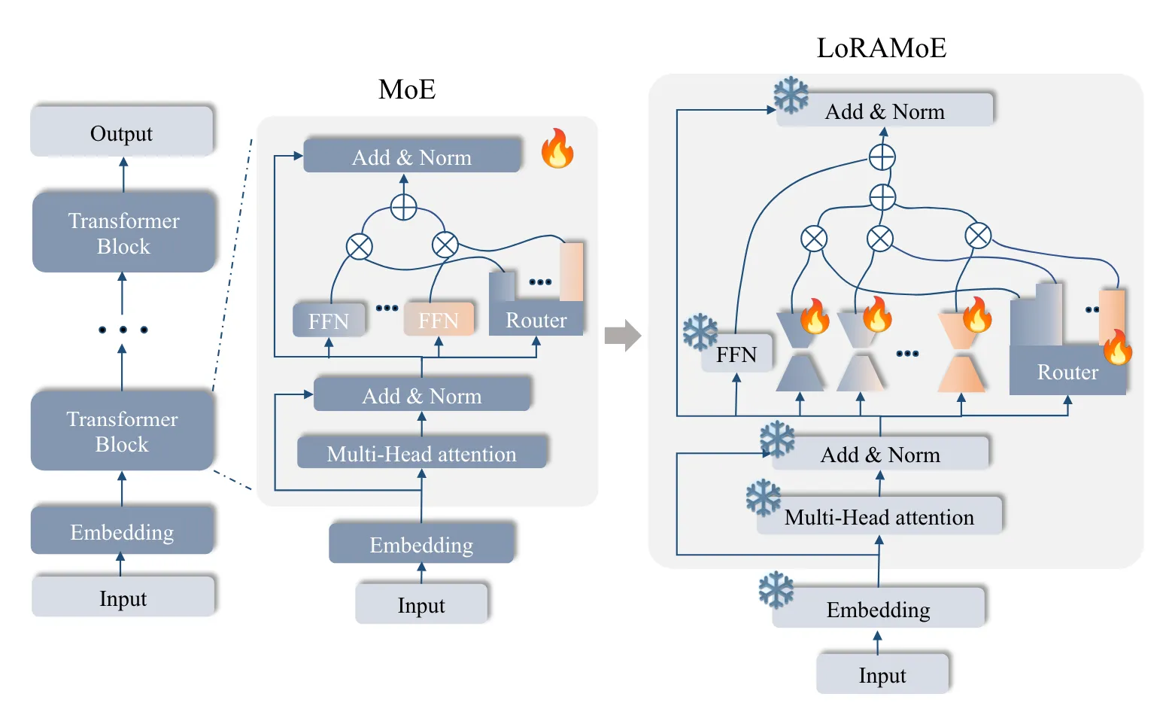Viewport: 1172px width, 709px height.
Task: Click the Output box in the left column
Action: (x=121, y=132)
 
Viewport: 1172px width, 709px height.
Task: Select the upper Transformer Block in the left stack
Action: (x=123, y=233)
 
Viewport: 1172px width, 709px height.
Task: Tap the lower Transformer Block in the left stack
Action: (x=122, y=431)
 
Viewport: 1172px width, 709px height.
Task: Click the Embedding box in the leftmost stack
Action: (x=122, y=531)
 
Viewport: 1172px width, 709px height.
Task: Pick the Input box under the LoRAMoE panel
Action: (x=882, y=674)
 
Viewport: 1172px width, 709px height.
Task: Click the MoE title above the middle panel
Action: (x=407, y=90)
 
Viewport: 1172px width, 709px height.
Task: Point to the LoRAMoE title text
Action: (x=881, y=48)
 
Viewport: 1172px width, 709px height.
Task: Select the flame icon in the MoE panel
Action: (x=557, y=148)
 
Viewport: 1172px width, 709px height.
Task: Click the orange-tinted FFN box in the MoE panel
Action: (x=439, y=320)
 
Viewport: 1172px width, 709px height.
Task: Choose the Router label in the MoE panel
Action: (x=536, y=320)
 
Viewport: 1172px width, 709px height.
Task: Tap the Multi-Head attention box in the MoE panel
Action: (x=421, y=453)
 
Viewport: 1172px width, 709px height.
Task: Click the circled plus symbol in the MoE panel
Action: (x=404, y=206)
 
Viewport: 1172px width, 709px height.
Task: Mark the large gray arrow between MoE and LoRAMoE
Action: (x=622, y=336)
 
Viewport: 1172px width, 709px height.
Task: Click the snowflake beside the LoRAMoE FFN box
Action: (x=700, y=332)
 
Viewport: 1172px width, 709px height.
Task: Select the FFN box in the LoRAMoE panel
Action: (x=736, y=354)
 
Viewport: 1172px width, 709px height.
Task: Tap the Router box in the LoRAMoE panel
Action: (x=1067, y=371)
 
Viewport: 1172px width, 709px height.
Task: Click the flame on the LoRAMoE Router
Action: (x=1117, y=347)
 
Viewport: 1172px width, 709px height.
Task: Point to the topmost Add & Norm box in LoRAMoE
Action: (x=885, y=111)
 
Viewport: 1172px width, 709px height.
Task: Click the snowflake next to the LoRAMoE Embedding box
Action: (x=776, y=589)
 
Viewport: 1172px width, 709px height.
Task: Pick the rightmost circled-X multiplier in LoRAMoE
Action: (x=978, y=236)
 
